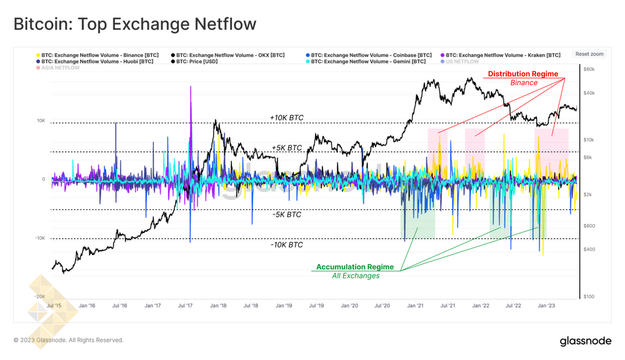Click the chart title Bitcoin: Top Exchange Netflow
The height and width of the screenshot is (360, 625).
(x=135, y=24)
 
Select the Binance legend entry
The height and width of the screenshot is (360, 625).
(x=98, y=55)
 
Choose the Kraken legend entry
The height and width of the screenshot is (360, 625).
(x=502, y=55)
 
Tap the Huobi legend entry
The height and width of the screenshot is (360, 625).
(x=97, y=61)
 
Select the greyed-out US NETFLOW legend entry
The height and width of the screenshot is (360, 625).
(x=462, y=61)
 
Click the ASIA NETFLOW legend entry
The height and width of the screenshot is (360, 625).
(x=61, y=67)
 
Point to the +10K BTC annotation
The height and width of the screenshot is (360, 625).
(x=286, y=117)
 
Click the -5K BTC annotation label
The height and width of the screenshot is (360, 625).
(x=286, y=214)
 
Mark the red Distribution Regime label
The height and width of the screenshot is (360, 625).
(x=522, y=74)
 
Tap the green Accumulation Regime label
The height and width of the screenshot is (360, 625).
(x=356, y=267)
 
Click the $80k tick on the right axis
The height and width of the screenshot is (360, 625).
(x=589, y=69)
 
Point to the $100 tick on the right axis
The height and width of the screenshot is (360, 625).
(x=589, y=296)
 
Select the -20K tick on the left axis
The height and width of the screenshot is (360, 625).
(x=39, y=296)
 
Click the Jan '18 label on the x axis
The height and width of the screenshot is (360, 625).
(x=218, y=306)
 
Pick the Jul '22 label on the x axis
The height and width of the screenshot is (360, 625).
(x=513, y=306)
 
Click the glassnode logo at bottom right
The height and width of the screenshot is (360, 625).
(x=585, y=341)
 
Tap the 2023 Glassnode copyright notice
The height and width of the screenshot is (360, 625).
(x=69, y=340)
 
